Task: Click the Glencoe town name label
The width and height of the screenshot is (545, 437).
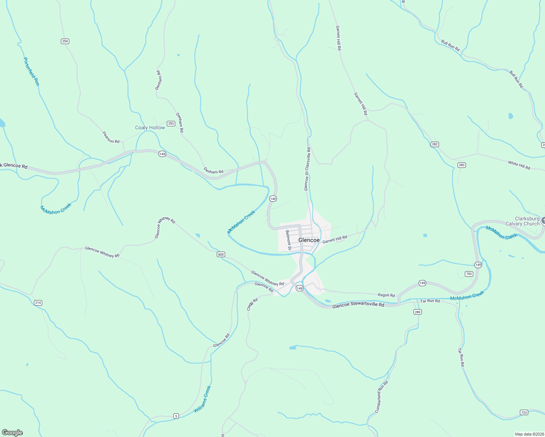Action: pyautogui.click(x=309, y=240)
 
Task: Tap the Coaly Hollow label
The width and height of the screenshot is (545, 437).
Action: pyautogui.click(x=150, y=127)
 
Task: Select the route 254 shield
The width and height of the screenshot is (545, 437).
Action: pyautogui.click(x=65, y=41)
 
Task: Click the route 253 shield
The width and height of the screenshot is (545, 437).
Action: pyautogui.click(x=171, y=123)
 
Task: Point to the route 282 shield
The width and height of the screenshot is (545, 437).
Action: pyautogui.click(x=434, y=144)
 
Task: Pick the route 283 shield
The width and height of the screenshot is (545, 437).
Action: pyautogui.click(x=462, y=165)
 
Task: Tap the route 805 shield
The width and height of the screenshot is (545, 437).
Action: pyautogui.click(x=221, y=254)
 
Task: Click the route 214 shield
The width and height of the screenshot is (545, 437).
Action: pyautogui.click(x=38, y=303)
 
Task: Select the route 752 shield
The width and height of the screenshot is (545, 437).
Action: pyautogui.click(x=469, y=274)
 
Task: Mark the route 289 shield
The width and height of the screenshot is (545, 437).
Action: pyautogui.click(x=417, y=312)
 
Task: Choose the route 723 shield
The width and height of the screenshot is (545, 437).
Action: pyautogui.click(x=524, y=412)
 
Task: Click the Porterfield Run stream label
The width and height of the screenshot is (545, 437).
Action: pyautogui.click(x=31, y=71)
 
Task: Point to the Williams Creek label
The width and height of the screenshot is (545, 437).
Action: pyautogui.click(x=202, y=399)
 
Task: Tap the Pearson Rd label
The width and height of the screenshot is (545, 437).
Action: pyautogui.click(x=111, y=137)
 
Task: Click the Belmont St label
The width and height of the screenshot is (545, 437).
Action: pyautogui.click(x=288, y=240)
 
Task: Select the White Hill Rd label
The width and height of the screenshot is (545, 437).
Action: pyautogui.click(x=519, y=165)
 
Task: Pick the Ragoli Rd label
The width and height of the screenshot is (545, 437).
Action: pyautogui.click(x=386, y=295)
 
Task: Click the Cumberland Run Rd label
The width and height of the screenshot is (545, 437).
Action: pyautogui.click(x=381, y=397)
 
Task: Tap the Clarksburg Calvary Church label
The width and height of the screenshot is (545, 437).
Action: pyautogui.click(x=522, y=221)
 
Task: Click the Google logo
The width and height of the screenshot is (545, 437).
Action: pyautogui.click(x=12, y=432)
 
